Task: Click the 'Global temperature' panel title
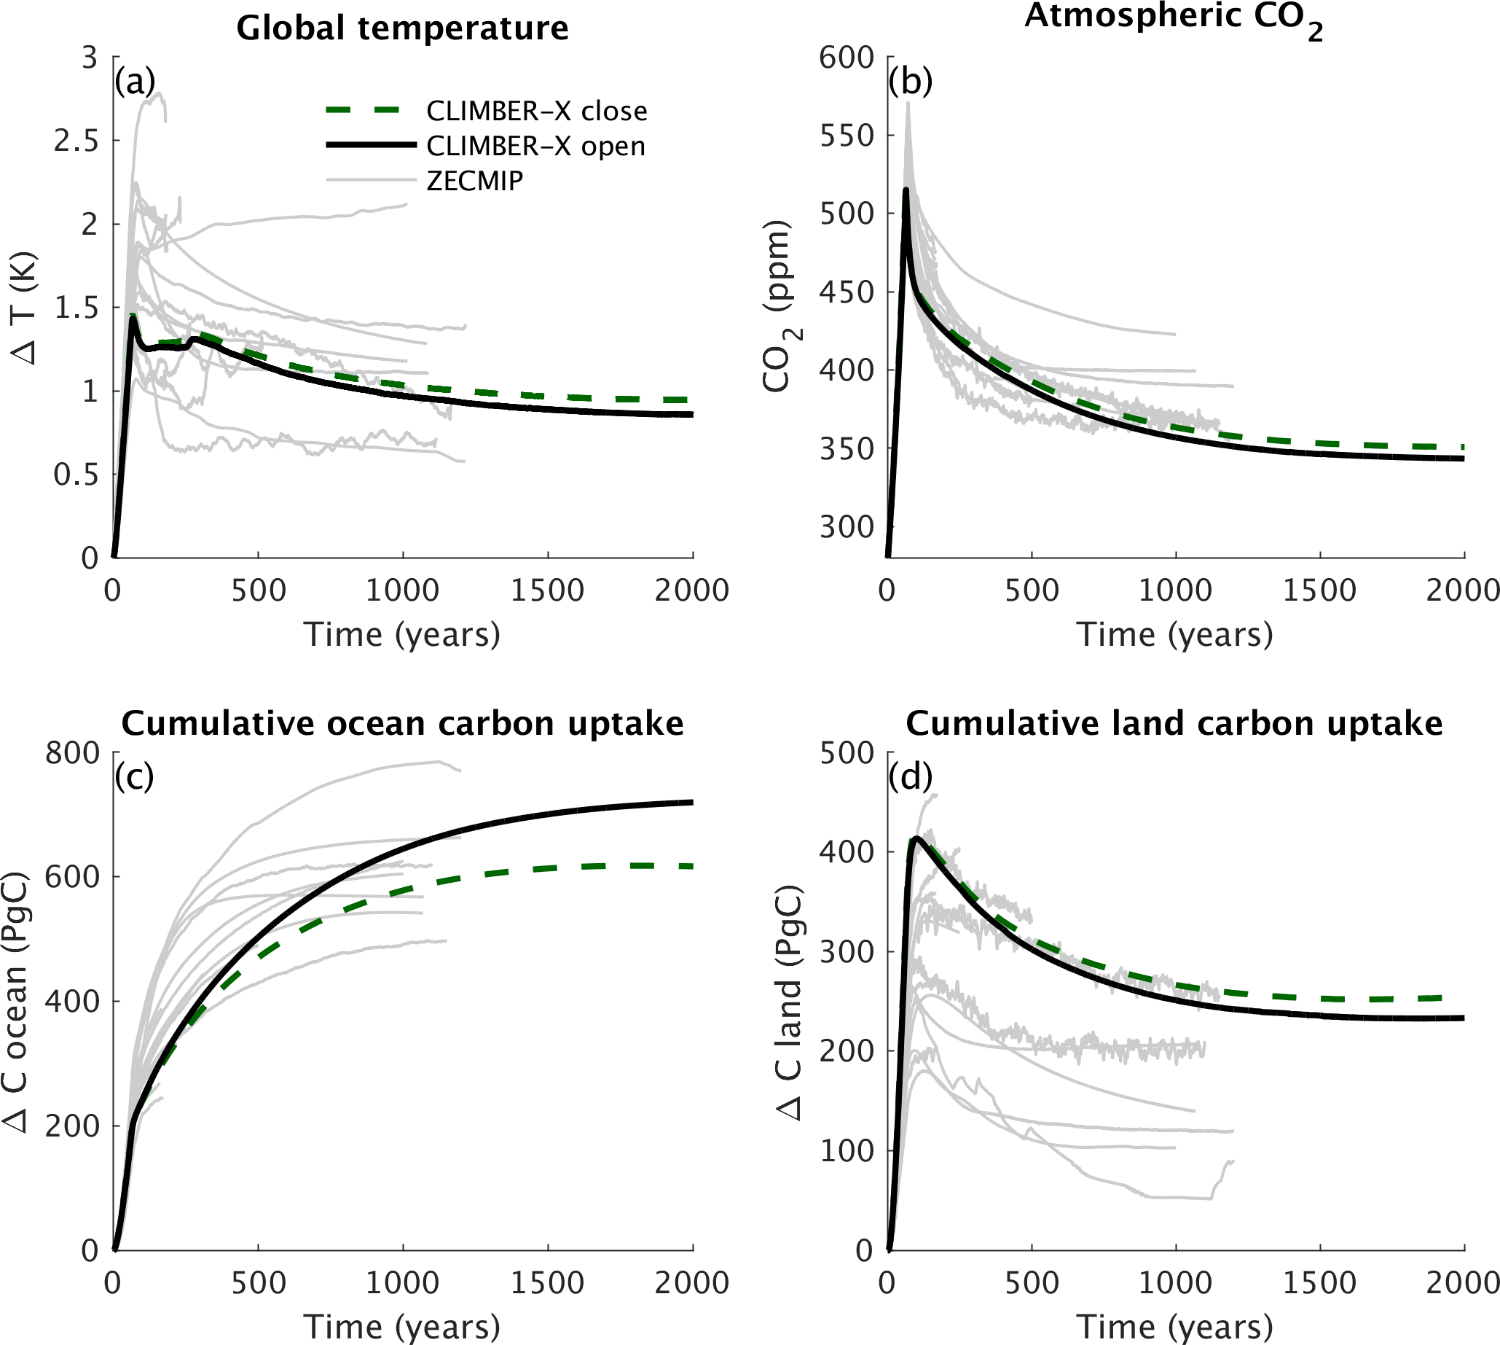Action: pos(403,29)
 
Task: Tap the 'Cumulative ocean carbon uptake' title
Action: pos(403,723)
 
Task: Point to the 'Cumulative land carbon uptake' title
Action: pos(1174,723)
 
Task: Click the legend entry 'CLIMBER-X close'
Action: pos(536,111)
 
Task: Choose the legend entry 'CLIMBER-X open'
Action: pos(535,146)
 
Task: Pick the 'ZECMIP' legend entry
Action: pos(475,180)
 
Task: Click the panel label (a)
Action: pos(135,82)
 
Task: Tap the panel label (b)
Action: pos(910,82)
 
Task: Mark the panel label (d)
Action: pos(910,776)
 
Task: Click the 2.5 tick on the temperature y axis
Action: pos(76,141)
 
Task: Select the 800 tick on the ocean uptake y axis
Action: pos(72,753)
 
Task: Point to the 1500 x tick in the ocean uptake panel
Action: pos(547,1284)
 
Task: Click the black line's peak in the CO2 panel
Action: pos(906,190)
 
